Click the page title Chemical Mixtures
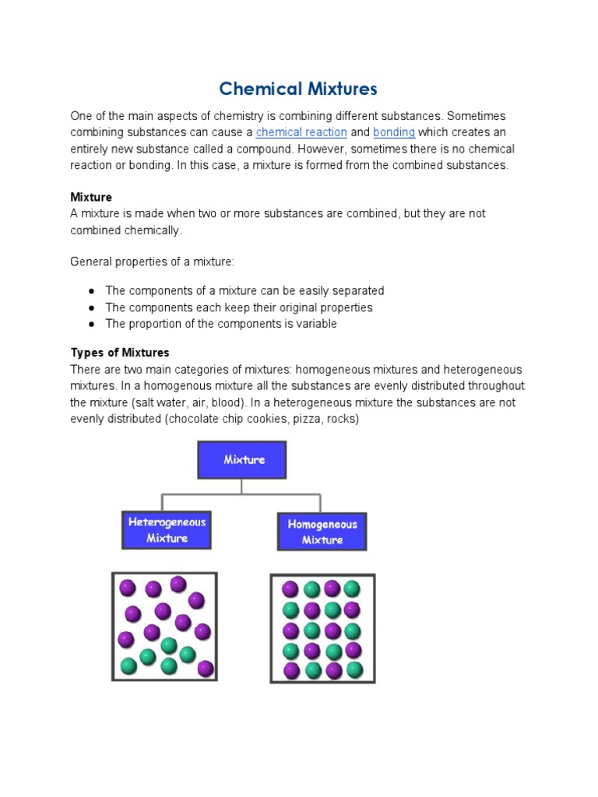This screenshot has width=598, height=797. point(298,89)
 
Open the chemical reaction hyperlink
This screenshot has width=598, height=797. point(301,132)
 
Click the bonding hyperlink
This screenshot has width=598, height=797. point(393,132)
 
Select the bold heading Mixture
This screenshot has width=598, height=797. point(91,198)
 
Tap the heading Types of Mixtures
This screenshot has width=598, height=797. point(120,353)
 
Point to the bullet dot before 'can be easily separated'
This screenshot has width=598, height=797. point(91,291)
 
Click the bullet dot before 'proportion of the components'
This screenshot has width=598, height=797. point(91,324)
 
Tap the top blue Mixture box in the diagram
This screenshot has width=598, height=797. point(242,459)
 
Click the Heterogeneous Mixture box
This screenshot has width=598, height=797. point(167,530)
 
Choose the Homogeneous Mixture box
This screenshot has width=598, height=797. point(322,532)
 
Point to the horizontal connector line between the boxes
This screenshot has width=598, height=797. point(241,493)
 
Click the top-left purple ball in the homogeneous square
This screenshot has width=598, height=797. point(290,589)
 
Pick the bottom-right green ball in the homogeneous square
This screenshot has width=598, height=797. point(354,669)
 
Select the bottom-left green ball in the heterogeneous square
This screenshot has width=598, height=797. point(128,665)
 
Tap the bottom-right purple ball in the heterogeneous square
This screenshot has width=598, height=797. point(206,668)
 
